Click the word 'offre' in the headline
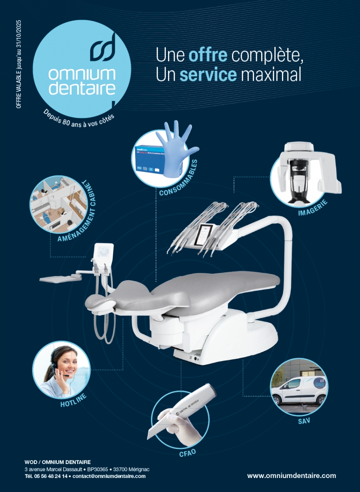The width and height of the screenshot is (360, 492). (208, 56)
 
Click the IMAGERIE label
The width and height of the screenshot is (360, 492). (313, 208)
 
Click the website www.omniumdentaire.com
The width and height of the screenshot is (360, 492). (291, 476)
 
